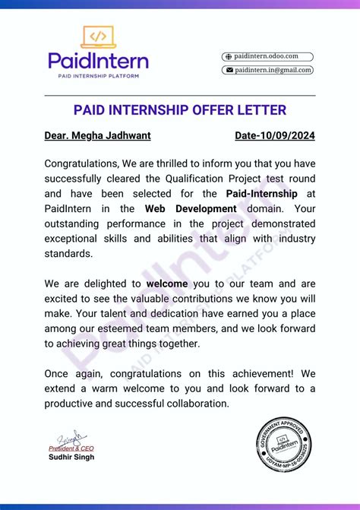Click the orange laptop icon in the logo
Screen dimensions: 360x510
tap(98, 36)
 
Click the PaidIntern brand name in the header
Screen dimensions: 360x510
tap(98, 61)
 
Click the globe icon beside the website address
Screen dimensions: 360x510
tap(227, 56)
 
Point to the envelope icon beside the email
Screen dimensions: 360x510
tap(227, 70)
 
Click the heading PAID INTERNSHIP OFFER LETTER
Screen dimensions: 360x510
tap(180, 110)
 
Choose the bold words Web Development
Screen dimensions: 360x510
tap(191, 209)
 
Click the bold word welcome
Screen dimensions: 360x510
tap(172, 284)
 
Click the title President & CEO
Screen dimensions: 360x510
tap(71, 448)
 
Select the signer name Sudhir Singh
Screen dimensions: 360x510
tap(71, 458)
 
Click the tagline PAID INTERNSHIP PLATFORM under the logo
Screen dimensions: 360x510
tap(98, 76)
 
